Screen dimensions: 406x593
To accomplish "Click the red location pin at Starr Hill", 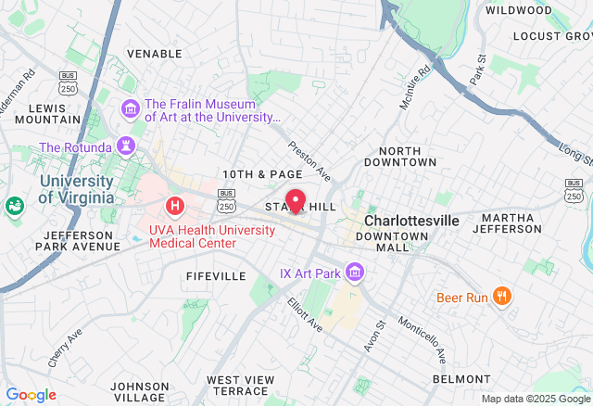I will (x=296, y=200).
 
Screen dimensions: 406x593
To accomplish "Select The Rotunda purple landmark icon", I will (x=125, y=146).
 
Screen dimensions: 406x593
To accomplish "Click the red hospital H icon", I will (x=173, y=205).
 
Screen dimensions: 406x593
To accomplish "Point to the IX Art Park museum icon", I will (x=353, y=273).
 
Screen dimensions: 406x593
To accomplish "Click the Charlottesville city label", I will (x=411, y=222).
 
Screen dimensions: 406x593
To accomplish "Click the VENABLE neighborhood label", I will (x=154, y=54).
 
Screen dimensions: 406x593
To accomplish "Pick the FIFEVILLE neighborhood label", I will (x=216, y=276).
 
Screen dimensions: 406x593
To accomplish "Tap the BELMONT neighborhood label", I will (x=461, y=379).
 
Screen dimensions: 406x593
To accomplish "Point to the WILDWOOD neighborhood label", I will (x=519, y=10).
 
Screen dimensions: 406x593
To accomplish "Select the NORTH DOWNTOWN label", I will (x=407, y=156).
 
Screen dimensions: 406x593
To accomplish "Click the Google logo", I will (x=31, y=395).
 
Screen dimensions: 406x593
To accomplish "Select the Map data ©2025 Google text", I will (x=536, y=399).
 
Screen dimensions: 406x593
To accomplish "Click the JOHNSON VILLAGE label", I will (x=140, y=391).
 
